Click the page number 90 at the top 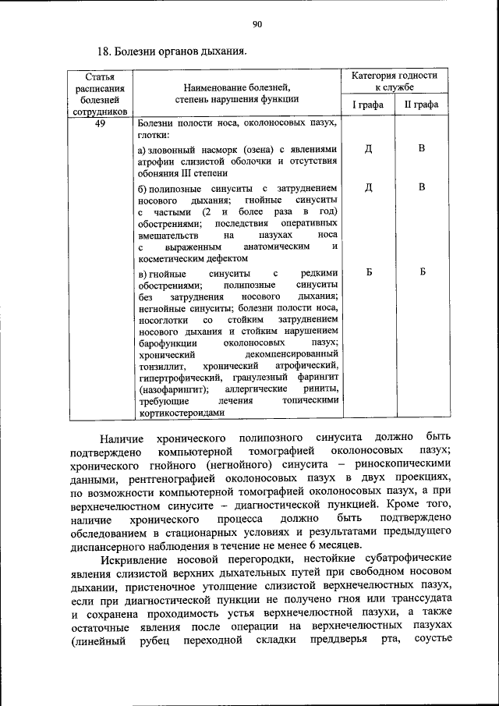[x=257, y=25]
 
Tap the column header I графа [x=368, y=105]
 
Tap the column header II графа [x=421, y=105]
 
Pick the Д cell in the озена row [x=368, y=149]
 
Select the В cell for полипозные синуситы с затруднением [x=421, y=187]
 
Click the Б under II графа [x=421, y=272]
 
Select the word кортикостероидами [x=181, y=413]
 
